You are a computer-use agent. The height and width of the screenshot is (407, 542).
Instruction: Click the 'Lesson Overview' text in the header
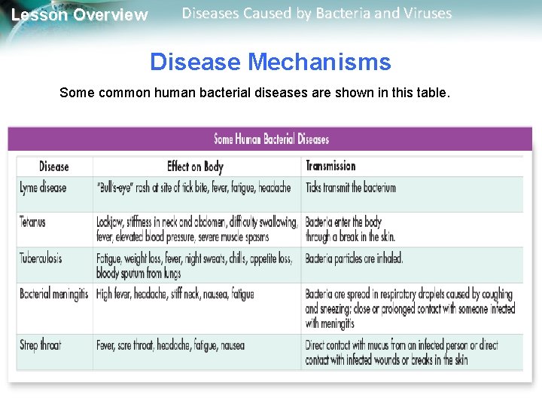coord(80,15)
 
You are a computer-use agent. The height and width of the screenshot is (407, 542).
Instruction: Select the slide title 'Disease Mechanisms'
coord(270,62)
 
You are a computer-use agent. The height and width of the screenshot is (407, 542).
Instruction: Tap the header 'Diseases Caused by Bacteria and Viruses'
coord(317,14)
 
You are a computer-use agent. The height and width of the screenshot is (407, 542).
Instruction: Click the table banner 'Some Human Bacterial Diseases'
coord(271,139)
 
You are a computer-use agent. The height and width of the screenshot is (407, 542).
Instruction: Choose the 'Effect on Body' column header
coord(195,167)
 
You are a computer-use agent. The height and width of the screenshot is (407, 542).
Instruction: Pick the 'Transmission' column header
coord(330,166)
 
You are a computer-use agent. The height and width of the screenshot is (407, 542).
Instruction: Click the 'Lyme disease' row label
coord(43,188)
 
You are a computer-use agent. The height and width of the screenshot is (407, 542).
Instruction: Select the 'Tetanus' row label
coord(33,222)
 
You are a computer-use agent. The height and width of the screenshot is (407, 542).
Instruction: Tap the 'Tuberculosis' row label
coord(41,258)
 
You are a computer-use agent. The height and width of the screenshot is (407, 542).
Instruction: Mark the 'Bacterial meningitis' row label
coord(54,294)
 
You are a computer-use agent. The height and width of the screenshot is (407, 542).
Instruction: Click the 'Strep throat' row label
coord(41,345)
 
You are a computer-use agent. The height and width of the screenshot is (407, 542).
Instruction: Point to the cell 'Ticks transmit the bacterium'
coord(350,188)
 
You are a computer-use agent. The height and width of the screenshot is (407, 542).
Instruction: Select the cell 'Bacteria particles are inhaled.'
coord(354,259)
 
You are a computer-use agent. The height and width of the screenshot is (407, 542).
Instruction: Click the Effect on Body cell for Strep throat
coord(170,346)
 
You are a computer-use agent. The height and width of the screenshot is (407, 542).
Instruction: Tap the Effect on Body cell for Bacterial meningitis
coord(175,294)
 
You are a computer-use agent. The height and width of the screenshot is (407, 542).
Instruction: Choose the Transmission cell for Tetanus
coord(350,229)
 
